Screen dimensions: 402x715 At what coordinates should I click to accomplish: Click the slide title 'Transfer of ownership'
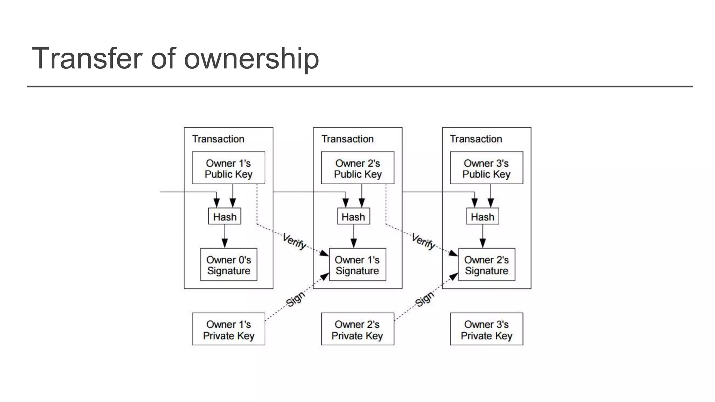[x=175, y=58]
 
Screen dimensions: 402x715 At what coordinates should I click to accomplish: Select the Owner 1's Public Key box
[x=228, y=168]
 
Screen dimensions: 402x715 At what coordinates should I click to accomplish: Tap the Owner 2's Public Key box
[x=357, y=168]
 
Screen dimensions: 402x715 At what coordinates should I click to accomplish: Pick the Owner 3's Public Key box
[x=486, y=168]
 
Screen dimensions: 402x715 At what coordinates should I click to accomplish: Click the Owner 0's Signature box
[x=228, y=265]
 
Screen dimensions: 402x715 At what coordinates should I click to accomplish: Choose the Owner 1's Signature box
[x=357, y=265]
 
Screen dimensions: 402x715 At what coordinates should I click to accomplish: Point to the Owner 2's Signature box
[x=486, y=265]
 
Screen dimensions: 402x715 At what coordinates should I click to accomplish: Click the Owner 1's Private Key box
[x=228, y=329]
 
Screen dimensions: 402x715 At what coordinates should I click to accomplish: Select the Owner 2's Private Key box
[x=357, y=329]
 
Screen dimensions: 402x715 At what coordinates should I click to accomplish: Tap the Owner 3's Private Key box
[x=486, y=329]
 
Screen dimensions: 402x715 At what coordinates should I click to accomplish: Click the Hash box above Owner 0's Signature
[x=224, y=217]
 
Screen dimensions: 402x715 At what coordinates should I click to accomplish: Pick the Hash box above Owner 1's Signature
[x=353, y=217]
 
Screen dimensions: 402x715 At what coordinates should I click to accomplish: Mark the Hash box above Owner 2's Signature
[x=482, y=217]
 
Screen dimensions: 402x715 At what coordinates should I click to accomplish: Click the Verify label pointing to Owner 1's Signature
[x=294, y=241]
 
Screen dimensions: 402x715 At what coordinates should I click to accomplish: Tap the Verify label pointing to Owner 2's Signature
[x=423, y=241]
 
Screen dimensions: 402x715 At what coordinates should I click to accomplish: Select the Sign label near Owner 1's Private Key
[x=295, y=299]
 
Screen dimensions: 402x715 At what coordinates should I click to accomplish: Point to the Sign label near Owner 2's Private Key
[x=425, y=299]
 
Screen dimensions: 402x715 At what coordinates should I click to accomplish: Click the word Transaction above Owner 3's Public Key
[x=476, y=139]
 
